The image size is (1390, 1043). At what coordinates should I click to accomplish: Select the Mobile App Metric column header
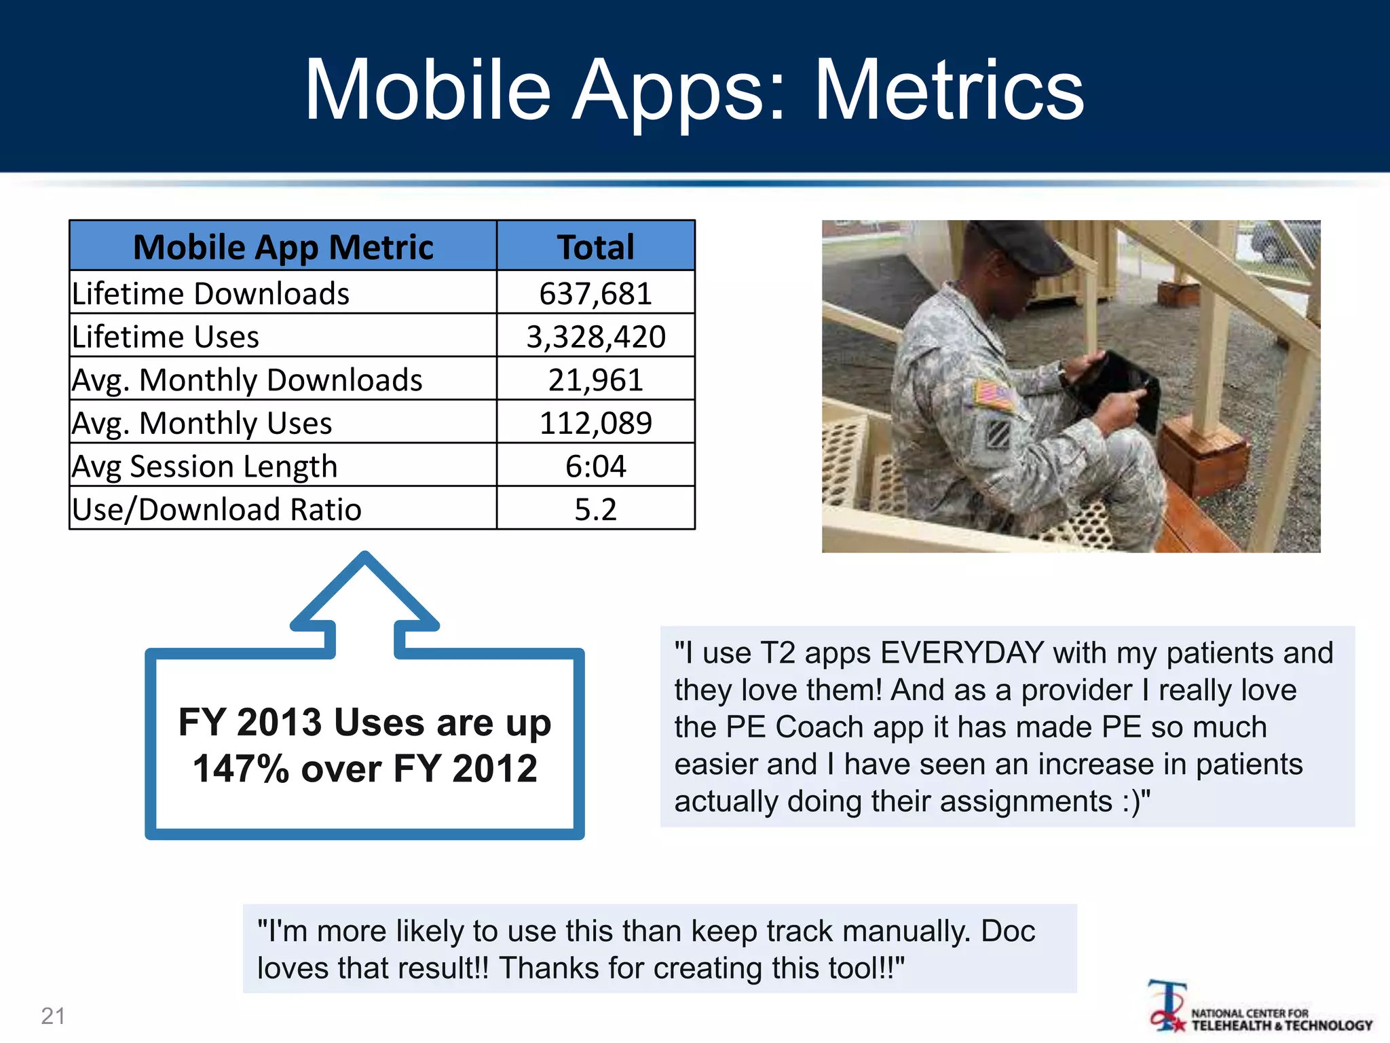pyautogui.click(x=283, y=246)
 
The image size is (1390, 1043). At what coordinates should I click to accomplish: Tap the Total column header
pyautogui.click(x=595, y=246)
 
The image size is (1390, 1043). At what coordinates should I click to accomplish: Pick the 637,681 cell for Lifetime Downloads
pyautogui.click(x=595, y=293)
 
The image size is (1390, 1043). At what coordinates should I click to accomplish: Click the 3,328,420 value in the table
pyautogui.click(x=595, y=337)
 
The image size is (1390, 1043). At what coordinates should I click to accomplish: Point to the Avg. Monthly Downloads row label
pyautogui.click(x=247, y=380)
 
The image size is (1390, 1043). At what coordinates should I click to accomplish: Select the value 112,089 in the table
pyautogui.click(x=595, y=422)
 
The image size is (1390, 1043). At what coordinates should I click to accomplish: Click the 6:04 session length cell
pyautogui.click(x=595, y=466)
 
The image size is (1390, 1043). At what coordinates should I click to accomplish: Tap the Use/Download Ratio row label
pyautogui.click(x=217, y=509)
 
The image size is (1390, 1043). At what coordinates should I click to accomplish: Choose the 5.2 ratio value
pyautogui.click(x=595, y=509)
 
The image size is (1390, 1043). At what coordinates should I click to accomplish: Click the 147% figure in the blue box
pyautogui.click(x=241, y=769)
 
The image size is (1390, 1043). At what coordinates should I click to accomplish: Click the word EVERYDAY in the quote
pyautogui.click(x=962, y=653)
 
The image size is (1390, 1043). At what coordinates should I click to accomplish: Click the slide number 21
pyautogui.click(x=53, y=1016)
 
